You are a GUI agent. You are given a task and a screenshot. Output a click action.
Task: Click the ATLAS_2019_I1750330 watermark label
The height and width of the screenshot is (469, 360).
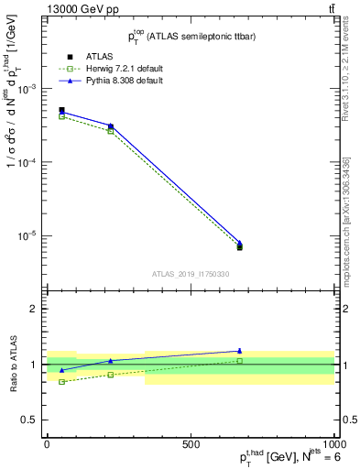coord(191,274)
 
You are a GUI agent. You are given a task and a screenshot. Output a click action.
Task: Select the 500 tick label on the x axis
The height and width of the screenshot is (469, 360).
coord(191,444)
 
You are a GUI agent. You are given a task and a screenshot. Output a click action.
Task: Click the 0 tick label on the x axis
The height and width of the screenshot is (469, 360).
coord(47,444)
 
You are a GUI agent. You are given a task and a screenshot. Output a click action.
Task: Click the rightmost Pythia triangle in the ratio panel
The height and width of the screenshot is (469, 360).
coord(239,351)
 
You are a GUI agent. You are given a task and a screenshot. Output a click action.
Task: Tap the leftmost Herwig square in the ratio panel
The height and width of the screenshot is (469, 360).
coord(61,381)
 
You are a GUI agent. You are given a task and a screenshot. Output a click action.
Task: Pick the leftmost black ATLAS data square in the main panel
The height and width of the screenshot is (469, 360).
coord(61,110)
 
